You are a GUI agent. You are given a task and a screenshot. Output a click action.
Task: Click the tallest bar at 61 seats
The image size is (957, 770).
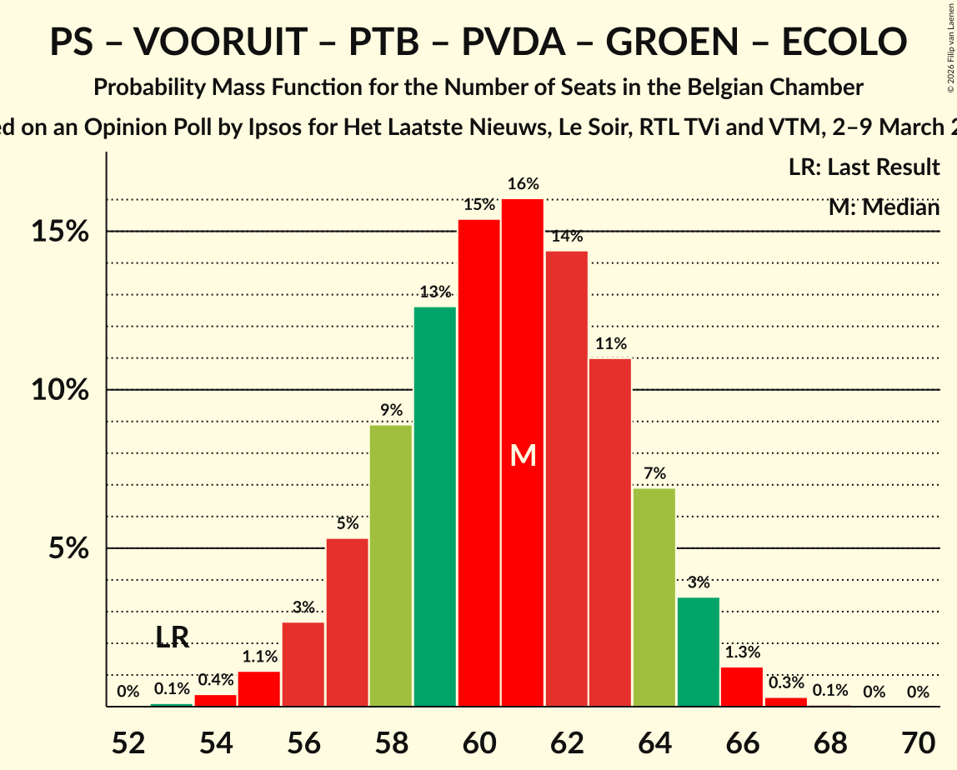(x=523, y=452)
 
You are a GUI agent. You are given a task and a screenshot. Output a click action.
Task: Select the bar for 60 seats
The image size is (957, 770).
(x=478, y=463)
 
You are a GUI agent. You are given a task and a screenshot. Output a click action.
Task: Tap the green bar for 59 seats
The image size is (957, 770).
(x=435, y=507)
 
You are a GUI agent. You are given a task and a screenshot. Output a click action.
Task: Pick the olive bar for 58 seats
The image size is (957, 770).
(x=391, y=566)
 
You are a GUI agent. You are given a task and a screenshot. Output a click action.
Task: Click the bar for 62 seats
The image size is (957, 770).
(x=567, y=478)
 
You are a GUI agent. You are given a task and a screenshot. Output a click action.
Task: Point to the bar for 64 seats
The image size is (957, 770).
(x=654, y=597)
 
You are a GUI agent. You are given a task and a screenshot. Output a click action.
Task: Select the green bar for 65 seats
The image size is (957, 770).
(x=698, y=652)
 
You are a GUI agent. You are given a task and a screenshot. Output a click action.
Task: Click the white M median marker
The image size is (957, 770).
(x=523, y=455)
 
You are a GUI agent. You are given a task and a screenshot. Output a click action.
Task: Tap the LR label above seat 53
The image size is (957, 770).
(x=173, y=638)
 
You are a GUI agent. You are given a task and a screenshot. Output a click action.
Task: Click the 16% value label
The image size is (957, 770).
(x=523, y=184)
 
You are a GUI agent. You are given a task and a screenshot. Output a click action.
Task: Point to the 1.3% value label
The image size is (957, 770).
(x=742, y=652)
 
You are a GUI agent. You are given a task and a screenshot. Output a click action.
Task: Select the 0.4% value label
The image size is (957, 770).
(x=216, y=680)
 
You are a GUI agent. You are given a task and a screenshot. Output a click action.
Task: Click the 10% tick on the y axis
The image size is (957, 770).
(x=60, y=390)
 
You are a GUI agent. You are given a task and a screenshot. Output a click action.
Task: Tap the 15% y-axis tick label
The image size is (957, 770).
(x=60, y=232)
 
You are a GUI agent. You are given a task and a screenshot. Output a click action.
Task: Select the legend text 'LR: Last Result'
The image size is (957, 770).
(x=864, y=167)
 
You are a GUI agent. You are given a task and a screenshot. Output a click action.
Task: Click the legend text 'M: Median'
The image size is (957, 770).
(x=884, y=207)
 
